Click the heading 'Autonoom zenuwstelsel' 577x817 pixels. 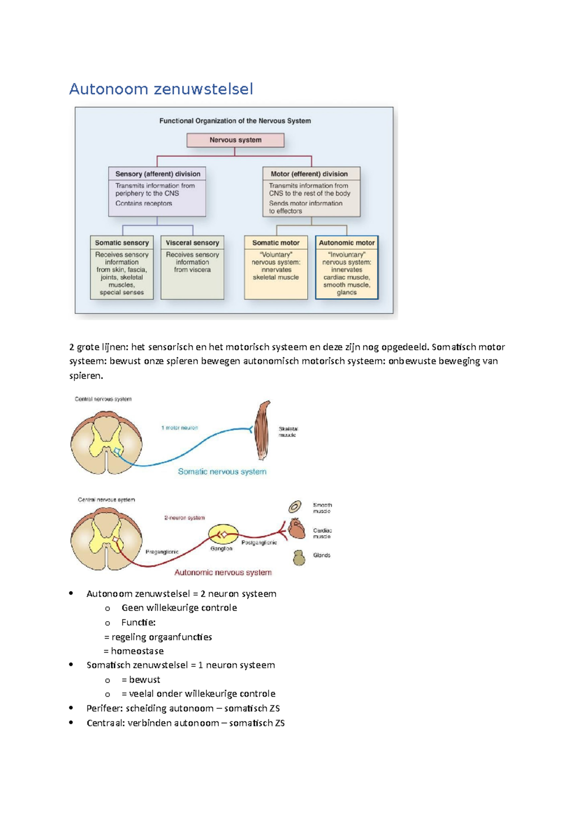[161, 89]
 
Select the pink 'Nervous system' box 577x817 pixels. [235, 140]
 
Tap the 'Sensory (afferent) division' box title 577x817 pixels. [157, 174]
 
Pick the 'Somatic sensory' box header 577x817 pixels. [122, 243]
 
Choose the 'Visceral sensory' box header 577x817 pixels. [192, 243]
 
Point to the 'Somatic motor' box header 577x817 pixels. [276, 243]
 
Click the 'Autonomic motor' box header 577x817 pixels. [347, 243]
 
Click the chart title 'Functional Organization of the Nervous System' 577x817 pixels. [235, 121]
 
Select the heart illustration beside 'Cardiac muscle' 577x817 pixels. [296, 529]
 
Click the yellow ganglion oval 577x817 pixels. [223, 534]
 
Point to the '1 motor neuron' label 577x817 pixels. [179, 428]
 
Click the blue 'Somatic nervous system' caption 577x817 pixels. [222, 472]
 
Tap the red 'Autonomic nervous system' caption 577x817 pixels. [223, 573]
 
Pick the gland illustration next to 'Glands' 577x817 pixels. [299, 558]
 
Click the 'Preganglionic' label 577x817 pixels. [162, 552]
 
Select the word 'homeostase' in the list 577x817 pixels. [138, 651]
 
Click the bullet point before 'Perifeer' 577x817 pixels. [71, 708]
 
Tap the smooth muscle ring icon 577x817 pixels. [295, 507]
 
